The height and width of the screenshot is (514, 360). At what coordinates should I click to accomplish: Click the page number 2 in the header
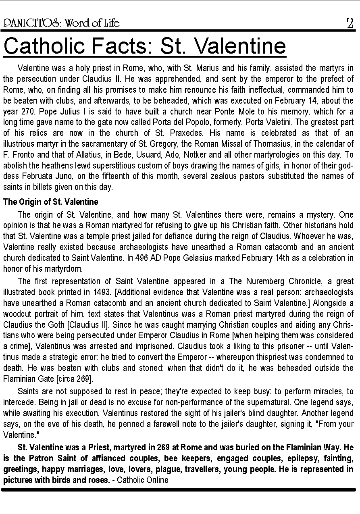pyautogui.click(x=350, y=23)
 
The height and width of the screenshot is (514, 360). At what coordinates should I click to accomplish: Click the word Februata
pyautogui.click(x=37, y=176)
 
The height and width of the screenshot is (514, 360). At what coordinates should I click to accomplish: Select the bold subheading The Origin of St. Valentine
pyautogui.click(x=51, y=202)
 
